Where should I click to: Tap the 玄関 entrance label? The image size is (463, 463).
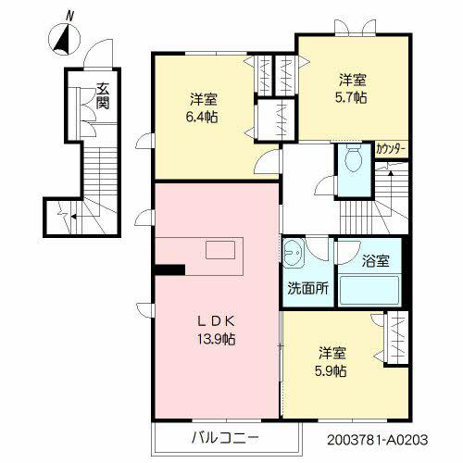pyautogui.click(x=102, y=96)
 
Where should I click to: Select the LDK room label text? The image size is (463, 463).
pyautogui.click(x=216, y=321)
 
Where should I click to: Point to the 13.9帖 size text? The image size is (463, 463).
pyautogui.click(x=216, y=339)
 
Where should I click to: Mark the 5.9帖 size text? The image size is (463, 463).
pyautogui.click(x=334, y=370)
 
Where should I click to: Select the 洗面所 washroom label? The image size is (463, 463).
pyautogui.click(x=307, y=287)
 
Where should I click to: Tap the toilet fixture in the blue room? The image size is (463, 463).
pyautogui.click(x=353, y=163)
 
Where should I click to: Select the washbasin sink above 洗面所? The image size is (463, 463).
pyautogui.click(x=295, y=251)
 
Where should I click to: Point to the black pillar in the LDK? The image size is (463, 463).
pyautogui.click(x=169, y=270)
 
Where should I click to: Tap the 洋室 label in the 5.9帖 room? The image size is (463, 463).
pyautogui.click(x=334, y=353)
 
